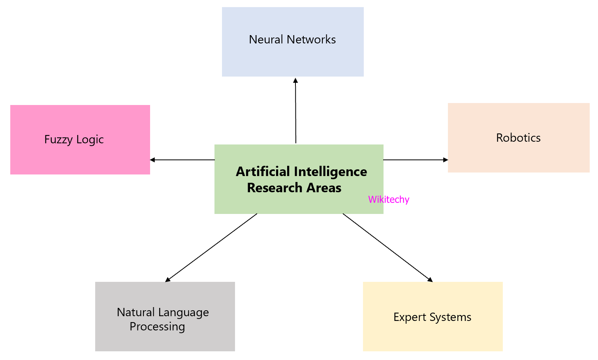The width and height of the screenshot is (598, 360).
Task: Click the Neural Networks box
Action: (x=293, y=42)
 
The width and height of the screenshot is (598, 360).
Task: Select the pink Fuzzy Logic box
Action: (x=80, y=139)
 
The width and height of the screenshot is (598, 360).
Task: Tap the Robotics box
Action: (x=519, y=138)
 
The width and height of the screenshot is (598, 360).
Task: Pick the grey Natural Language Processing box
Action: (x=165, y=316)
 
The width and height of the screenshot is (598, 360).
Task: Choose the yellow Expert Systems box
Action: (x=433, y=316)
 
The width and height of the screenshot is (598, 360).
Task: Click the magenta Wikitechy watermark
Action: (x=389, y=200)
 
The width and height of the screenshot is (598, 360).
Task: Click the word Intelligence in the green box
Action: (x=331, y=172)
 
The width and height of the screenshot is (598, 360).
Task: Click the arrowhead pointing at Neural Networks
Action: (x=295, y=80)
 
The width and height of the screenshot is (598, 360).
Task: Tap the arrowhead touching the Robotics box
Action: (x=446, y=160)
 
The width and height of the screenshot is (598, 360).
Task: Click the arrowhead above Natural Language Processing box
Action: (x=167, y=279)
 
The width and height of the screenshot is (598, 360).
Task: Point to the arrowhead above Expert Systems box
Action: (x=430, y=280)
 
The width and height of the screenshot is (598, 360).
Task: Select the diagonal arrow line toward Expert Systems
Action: (x=387, y=247)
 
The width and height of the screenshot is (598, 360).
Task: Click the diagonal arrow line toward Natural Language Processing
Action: (x=211, y=247)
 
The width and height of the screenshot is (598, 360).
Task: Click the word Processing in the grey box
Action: (x=157, y=327)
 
